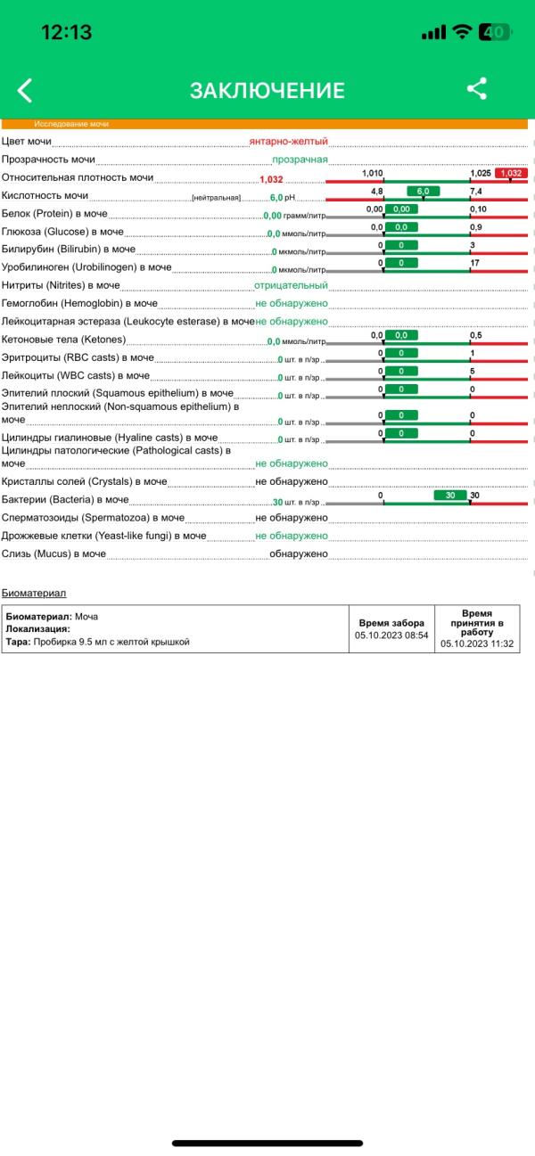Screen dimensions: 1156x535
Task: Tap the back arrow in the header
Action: coord(25,89)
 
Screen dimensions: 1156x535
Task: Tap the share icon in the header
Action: coord(477,88)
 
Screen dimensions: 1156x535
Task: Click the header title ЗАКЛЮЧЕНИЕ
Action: coord(267,90)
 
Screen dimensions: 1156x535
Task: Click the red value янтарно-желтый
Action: coord(289,141)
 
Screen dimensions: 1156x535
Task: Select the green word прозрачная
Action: coord(300,160)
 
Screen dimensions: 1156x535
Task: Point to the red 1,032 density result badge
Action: coord(512,173)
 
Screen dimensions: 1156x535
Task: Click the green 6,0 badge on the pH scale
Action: coord(423,191)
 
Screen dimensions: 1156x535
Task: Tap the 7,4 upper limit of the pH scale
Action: coord(476,191)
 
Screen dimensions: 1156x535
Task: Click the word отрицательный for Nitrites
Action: coord(291,285)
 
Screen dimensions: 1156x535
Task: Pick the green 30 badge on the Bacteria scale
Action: coord(451,495)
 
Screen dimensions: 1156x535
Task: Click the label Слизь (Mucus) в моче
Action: coord(53,553)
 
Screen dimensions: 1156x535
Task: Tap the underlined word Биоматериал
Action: coord(34,593)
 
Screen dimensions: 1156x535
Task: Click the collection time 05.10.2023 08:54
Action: coord(391,635)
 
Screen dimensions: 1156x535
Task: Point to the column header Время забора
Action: coord(391,623)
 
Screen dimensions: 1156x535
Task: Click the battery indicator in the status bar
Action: coord(493,32)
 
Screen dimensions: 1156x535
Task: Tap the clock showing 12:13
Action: coord(67,32)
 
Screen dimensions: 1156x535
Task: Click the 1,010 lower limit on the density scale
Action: coord(373,173)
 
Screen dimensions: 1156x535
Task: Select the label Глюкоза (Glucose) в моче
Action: coord(62,232)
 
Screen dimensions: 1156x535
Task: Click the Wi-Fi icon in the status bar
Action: coord(462,32)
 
